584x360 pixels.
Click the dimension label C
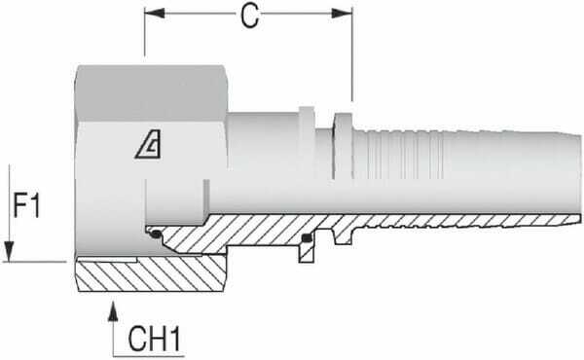[249, 17]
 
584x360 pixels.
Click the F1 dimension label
[26, 205]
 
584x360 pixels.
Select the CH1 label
[154, 339]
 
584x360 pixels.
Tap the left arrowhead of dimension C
[155, 14]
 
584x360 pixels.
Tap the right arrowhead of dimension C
[342, 14]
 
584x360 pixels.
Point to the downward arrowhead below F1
[9, 251]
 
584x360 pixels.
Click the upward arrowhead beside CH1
[113, 311]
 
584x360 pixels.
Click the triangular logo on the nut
[149, 144]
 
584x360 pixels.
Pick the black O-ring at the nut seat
[156, 234]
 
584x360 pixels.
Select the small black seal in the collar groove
[307, 237]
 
